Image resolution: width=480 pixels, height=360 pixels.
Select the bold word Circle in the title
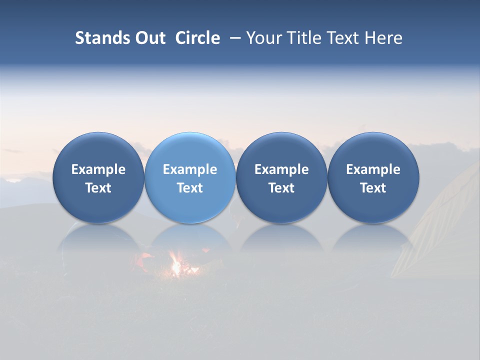click(197, 38)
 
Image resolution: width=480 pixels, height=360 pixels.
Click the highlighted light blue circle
click(190, 177)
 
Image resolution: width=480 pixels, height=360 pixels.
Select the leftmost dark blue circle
click(98, 177)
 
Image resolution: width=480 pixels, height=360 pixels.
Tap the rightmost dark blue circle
click(373, 177)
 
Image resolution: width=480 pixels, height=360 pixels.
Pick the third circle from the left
click(281, 177)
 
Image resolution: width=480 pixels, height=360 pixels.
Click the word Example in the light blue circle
click(190, 169)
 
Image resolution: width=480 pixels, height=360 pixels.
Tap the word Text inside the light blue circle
click(190, 188)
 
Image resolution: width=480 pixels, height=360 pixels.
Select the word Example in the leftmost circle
click(98, 169)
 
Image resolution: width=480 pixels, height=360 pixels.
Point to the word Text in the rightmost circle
click(373, 188)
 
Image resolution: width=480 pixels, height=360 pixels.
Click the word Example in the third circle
click(281, 169)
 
